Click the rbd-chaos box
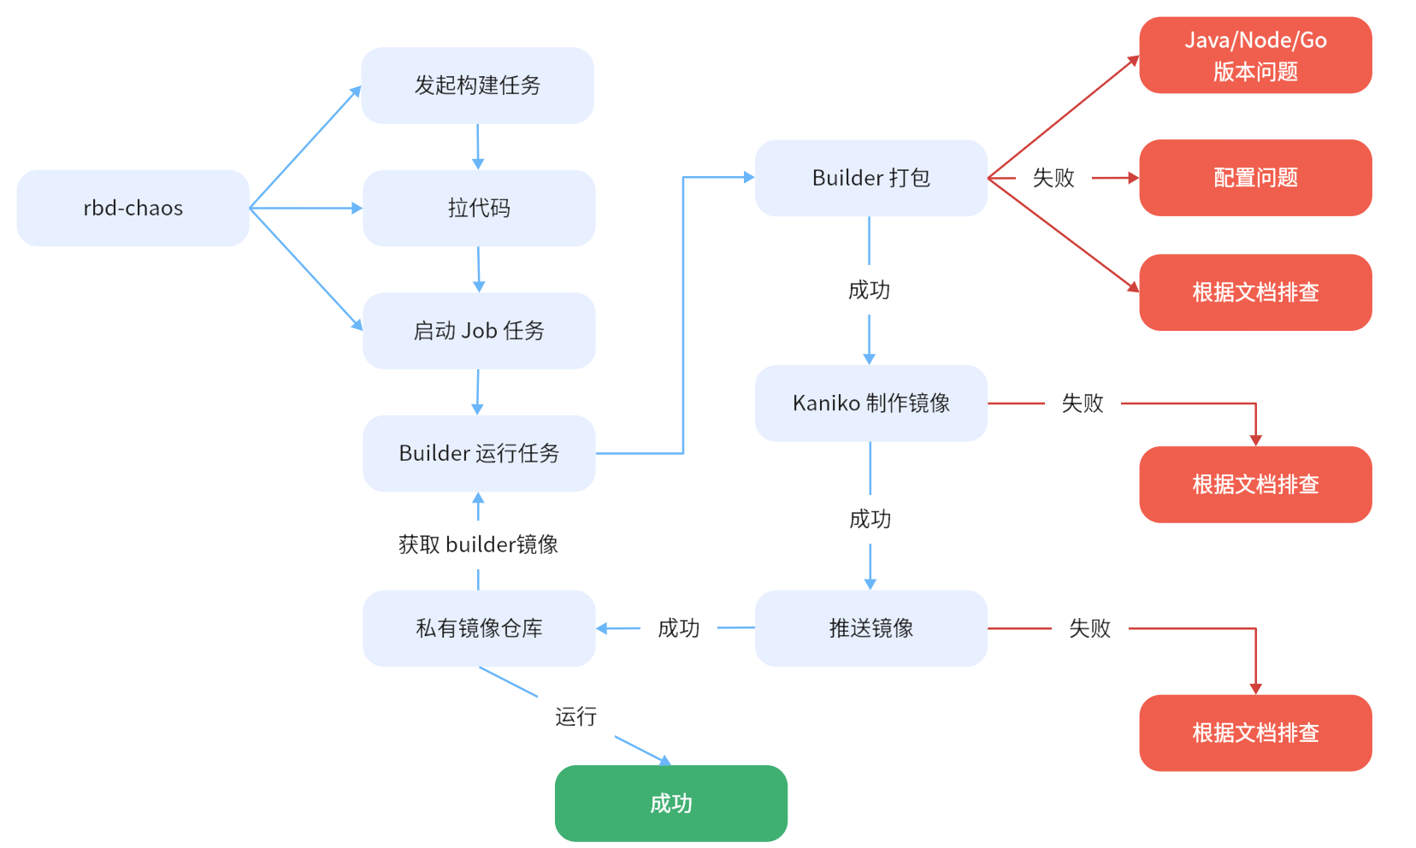(x=133, y=208)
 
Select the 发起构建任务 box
(x=477, y=85)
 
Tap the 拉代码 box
(x=479, y=208)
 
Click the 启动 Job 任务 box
(x=479, y=331)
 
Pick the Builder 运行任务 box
(x=479, y=453)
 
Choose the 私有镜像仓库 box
(x=479, y=628)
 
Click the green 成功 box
(x=670, y=803)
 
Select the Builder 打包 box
(x=870, y=178)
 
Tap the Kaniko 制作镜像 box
(x=870, y=403)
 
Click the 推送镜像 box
(x=870, y=628)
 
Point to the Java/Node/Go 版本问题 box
(x=1255, y=56)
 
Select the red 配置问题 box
(x=1255, y=178)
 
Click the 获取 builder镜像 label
(x=478, y=545)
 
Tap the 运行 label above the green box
(x=575, y=716)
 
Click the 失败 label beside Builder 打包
(x=1053, y=178)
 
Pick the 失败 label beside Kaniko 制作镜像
(x=1082, y=403)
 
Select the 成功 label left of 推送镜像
(x=678, y=628)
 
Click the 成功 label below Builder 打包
(x=869, y=291)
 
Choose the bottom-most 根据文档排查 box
(x=1255, y=733)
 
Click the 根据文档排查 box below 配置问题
(x=1255, y=292)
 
